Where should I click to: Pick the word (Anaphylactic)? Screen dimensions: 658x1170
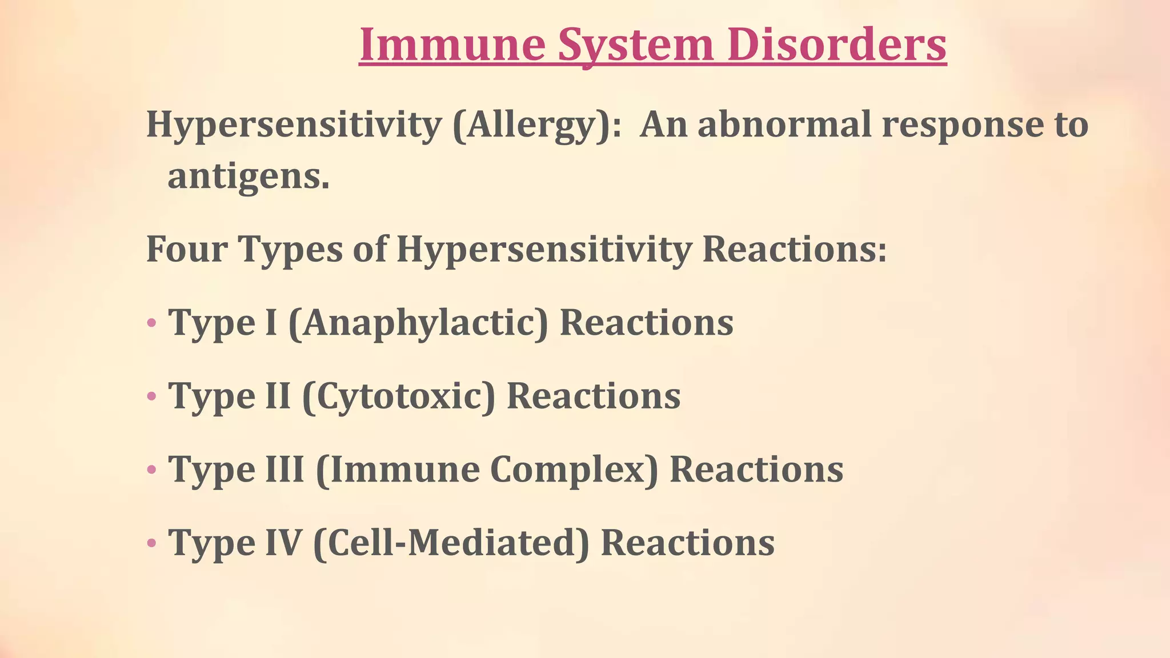click(418, 323)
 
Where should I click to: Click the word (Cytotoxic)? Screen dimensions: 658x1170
click(399, 396)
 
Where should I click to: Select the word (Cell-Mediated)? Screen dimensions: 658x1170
click(451, 543)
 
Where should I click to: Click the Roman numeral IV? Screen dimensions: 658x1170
click(283, 543)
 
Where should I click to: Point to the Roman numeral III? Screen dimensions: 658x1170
click(285, 470)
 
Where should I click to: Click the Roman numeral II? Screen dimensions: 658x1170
click(278, 396)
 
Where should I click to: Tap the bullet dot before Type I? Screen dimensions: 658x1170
click(151, 323)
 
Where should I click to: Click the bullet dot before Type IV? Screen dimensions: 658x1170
click(151, 543)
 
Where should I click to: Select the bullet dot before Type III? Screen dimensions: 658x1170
click(151, 470)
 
